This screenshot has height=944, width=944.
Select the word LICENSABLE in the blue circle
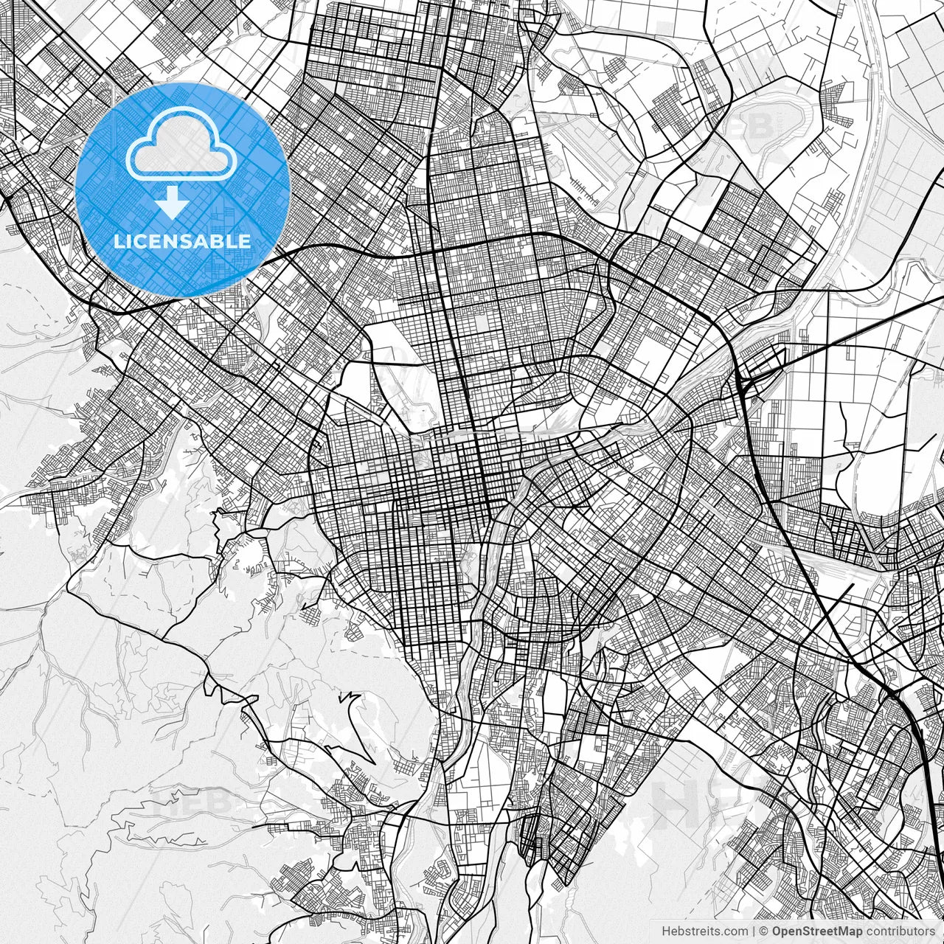click(x=182, y=241)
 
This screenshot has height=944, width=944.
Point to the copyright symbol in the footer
click(x=765, y=932)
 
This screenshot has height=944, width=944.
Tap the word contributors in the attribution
click(x=900, y=932)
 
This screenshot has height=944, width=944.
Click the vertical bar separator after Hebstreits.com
click(x=754, y=932)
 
